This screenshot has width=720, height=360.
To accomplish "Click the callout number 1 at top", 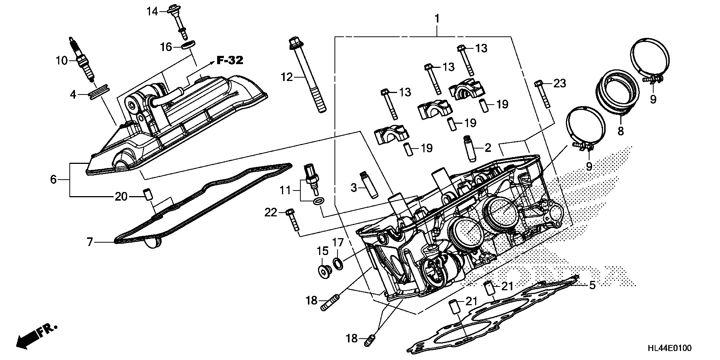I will click(437, 18).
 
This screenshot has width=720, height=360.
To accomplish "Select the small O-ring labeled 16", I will click(188, 46).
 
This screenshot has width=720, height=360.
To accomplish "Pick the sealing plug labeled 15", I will click(324, 271).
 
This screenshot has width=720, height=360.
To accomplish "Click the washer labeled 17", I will click(338, 263).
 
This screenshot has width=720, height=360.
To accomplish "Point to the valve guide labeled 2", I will click(470, 149).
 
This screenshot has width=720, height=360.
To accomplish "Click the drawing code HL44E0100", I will click(669, 348).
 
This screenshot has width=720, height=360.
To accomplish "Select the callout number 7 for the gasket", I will click(90, 242).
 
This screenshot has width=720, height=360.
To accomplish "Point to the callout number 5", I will click(592, 285).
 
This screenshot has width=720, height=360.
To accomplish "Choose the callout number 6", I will click(54, 180).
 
